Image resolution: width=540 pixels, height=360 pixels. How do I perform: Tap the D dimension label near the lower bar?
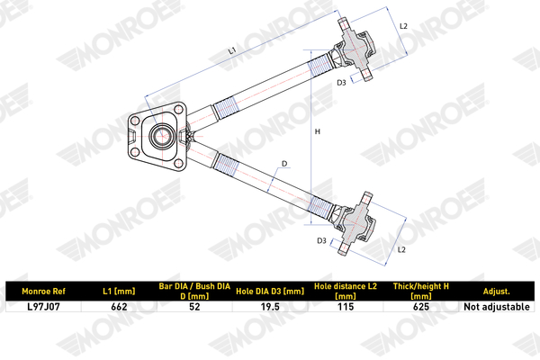[283, 164]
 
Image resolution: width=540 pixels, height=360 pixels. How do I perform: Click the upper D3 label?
[342, 83]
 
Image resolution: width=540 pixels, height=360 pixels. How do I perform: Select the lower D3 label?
[321, 241]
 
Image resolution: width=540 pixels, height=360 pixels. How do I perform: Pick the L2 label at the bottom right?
[402, 248]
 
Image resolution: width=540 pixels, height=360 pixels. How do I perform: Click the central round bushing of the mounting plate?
[163, 138]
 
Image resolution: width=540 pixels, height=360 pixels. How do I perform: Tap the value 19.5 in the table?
[269, 307]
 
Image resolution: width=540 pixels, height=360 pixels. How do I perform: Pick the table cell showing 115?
[344, 307]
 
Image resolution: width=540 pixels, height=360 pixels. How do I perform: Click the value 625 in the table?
[419, 307]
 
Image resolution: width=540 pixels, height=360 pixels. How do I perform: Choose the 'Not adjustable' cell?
[496, 307]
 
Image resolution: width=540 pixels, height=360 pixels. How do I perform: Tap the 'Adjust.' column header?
[496, 292]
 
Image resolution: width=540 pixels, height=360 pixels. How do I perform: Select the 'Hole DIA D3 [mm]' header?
[269, 292]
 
